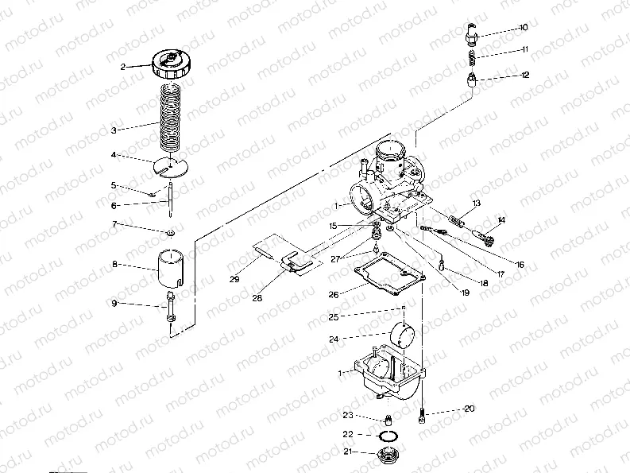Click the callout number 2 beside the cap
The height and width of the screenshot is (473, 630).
[x=123, y=67]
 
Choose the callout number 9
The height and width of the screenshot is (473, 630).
[x=114, y=304]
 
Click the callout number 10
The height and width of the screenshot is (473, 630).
[x=523, y=28]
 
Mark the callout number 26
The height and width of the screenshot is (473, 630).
[x=334, y=294]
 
